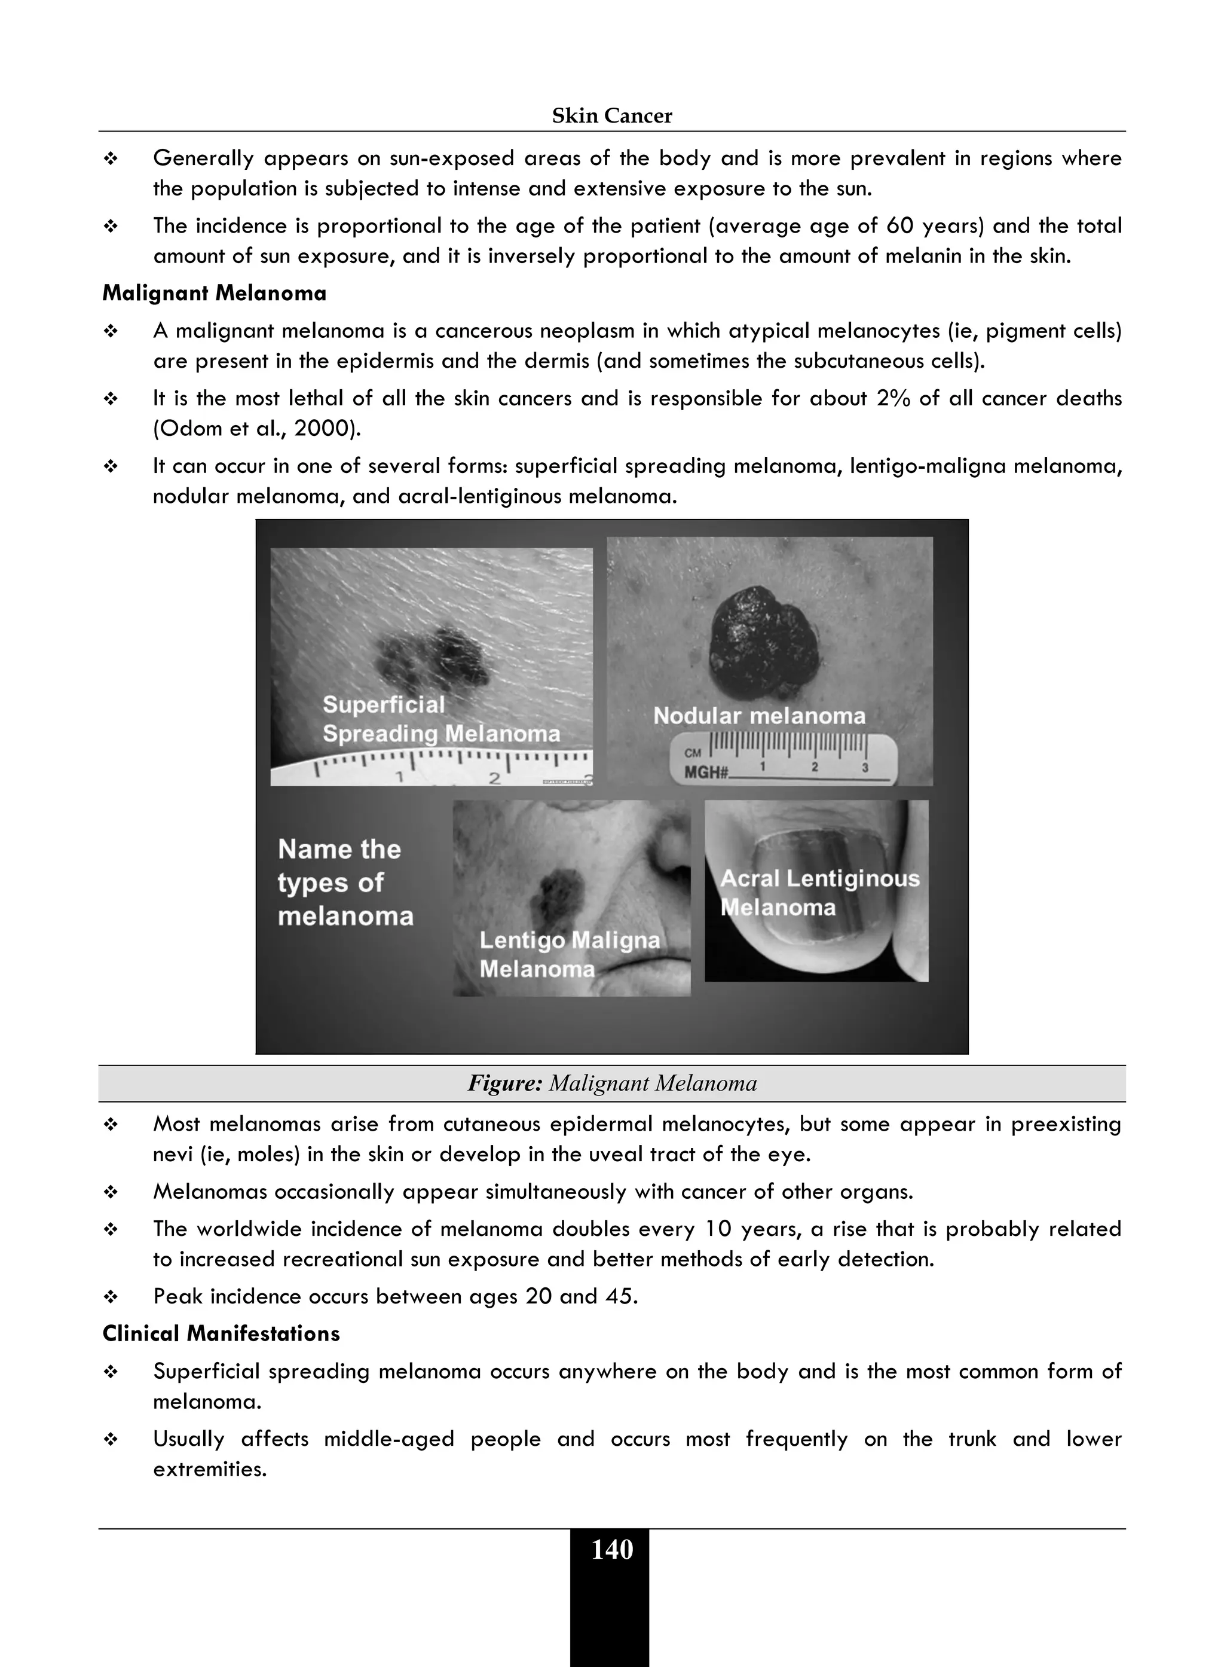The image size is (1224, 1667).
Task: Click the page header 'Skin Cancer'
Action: coord(612,115)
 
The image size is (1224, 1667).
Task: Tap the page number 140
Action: coord(612,1549)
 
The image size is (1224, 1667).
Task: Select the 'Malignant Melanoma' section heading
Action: coord(214,294)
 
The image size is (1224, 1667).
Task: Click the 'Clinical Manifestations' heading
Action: coord(221,1333)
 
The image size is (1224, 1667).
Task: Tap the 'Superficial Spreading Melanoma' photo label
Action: coord(441,719)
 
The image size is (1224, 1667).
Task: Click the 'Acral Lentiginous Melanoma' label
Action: coord(819,893)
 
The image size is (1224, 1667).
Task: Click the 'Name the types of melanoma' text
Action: coord(345,882)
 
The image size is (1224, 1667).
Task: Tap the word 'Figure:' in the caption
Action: coord(504,1083)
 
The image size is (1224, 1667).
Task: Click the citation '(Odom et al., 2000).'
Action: coord(256,429)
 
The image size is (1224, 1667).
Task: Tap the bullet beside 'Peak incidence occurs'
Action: coord(111,1297)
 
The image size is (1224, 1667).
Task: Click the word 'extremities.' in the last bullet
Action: coord(210,1469)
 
